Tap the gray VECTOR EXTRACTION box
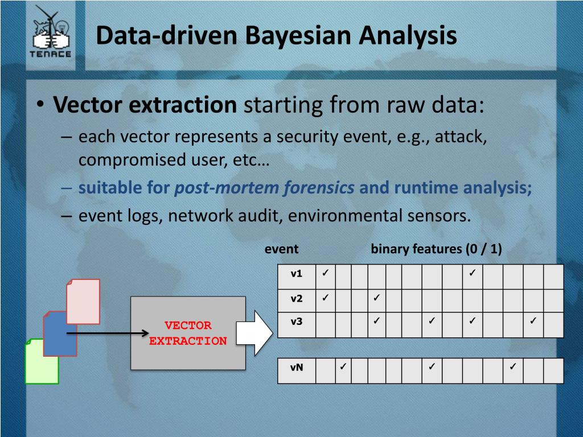(x=188, y=333)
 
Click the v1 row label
(x=297, y=274)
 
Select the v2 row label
(x=297, y=298)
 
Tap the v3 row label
(x=297, y=321)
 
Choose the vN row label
(x=297, y=367)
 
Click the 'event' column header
(x=281, y=249)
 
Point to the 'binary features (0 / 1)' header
(x=436, y=249)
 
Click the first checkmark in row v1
(x=325, y=273)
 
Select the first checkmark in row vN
(x=343, y=366)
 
